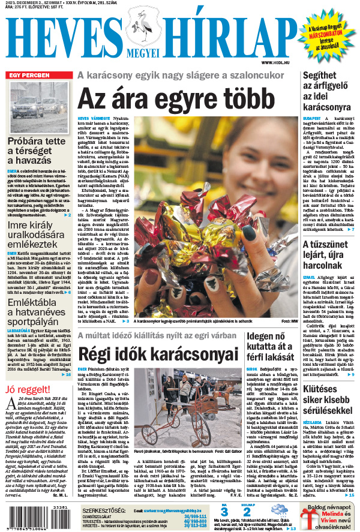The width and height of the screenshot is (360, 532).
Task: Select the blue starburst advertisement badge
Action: (327, 35)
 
